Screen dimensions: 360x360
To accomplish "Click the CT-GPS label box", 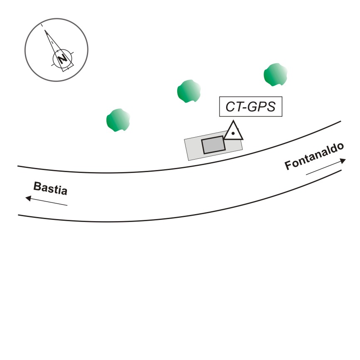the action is [251, 107].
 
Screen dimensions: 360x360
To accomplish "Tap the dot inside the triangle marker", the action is [234, 133].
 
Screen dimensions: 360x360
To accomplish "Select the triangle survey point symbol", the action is [234, 131].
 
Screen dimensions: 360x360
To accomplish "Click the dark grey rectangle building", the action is [213, 145].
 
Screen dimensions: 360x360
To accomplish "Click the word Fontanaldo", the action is [315, 157].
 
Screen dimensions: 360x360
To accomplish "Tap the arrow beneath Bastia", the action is [46, 201].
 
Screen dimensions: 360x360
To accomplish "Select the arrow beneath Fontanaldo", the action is [325, 167].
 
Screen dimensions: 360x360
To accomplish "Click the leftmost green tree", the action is [118, 120].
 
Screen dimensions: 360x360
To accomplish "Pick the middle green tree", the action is [189, 91].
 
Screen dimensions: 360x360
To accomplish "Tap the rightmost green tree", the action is [276, 75].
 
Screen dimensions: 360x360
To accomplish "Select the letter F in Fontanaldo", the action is [288, 166].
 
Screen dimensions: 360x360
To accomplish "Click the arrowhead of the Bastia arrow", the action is [29, 198].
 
